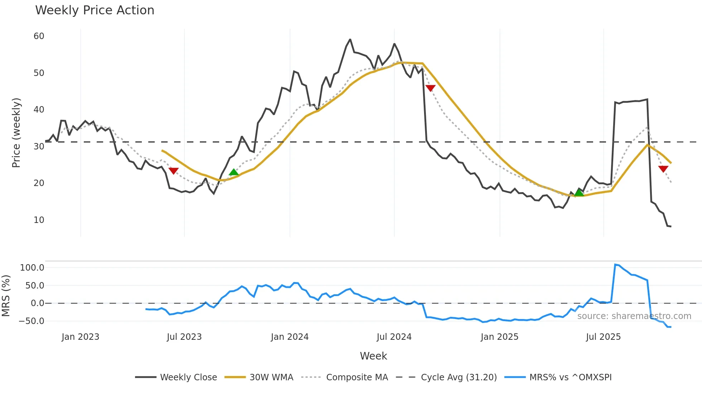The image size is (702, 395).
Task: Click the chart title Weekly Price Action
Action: (x=95, y=10)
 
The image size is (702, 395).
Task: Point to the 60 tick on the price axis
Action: (x=39, y=36)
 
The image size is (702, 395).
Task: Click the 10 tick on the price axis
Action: (x=39, y=220)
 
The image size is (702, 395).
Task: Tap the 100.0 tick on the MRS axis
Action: (x=32, y=268)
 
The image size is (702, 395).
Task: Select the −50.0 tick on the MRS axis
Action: (x=32, y=321)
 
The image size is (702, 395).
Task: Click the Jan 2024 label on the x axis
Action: (x=289, y=337)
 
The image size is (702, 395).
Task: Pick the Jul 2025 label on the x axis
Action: (x=603, y=337)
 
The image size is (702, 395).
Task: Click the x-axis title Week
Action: (x=373, y=356)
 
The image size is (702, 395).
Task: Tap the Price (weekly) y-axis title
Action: (x=16, y=133)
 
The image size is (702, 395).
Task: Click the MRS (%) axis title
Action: (x=6, y=296)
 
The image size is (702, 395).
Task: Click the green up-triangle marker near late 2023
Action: (x=234, y=172)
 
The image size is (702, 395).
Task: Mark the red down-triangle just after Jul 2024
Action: (x=430, y=88)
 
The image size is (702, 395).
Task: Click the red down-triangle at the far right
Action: (x=663, y=169)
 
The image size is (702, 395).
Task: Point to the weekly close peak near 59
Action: (x=350, y=39)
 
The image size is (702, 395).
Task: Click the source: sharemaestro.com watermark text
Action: (x=634, y=316)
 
